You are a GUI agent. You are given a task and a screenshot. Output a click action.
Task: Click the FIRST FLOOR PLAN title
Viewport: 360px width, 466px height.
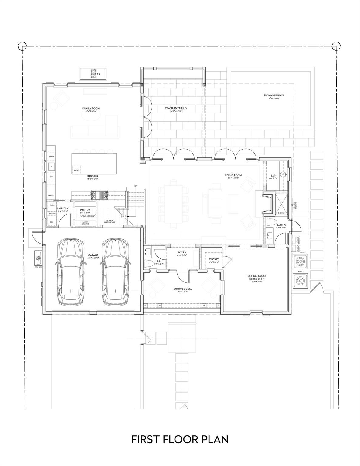180,439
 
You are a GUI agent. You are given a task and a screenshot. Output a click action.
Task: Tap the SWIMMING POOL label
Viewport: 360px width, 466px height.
274,95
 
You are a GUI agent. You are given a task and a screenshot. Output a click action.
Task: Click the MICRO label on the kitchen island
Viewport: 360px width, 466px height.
77,170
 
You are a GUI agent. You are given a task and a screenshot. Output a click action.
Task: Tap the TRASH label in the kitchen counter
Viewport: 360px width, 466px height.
51,156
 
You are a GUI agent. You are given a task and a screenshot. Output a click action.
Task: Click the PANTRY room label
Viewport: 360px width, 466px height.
84,210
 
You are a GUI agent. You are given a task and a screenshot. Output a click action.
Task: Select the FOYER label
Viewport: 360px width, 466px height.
182,252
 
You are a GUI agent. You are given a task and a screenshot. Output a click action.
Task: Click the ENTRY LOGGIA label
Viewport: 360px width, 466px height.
182,289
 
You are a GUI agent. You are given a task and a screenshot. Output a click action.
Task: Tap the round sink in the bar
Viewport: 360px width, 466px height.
283,174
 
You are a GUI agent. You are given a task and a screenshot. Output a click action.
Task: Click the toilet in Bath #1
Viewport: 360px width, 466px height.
271,222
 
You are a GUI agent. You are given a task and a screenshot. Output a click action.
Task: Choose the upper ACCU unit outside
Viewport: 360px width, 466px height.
301,261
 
